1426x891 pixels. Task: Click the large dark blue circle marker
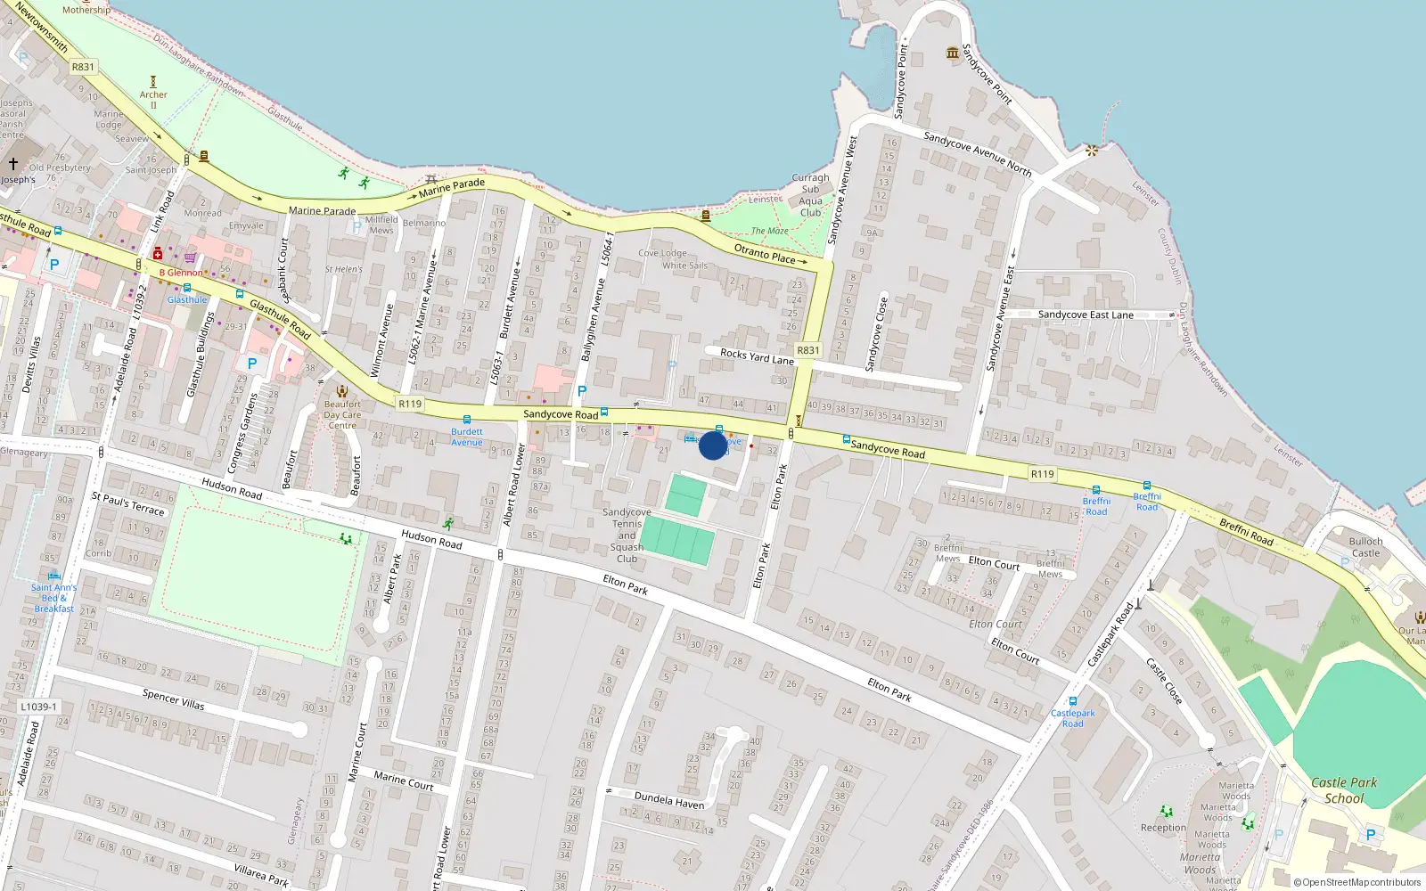[x=713, y=445]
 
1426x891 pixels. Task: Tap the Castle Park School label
[x=1344, y=790]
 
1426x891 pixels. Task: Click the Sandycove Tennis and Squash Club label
[x=627, y=535]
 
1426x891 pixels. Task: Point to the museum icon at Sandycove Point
[x=953, y=53]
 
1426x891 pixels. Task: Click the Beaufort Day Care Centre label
[x=342, y=414]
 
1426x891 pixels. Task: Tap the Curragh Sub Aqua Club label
[x=810, y=195]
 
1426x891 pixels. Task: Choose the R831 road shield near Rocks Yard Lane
[x=808, y=350]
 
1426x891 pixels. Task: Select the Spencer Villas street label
[x=173, y=699]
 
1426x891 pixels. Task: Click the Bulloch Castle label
[x=1365, y=547]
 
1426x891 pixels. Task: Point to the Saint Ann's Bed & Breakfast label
[x=53, y=598]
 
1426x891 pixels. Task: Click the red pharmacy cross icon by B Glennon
[x=158, y=254]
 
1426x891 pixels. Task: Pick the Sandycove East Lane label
[x=1086, y=315]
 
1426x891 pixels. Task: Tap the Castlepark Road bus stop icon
[x=1072, y=701]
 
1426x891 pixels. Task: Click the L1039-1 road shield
[x=38, y=707]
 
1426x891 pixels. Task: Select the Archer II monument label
[x=153, y=95]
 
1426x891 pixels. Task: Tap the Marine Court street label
[x=403, y=781]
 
